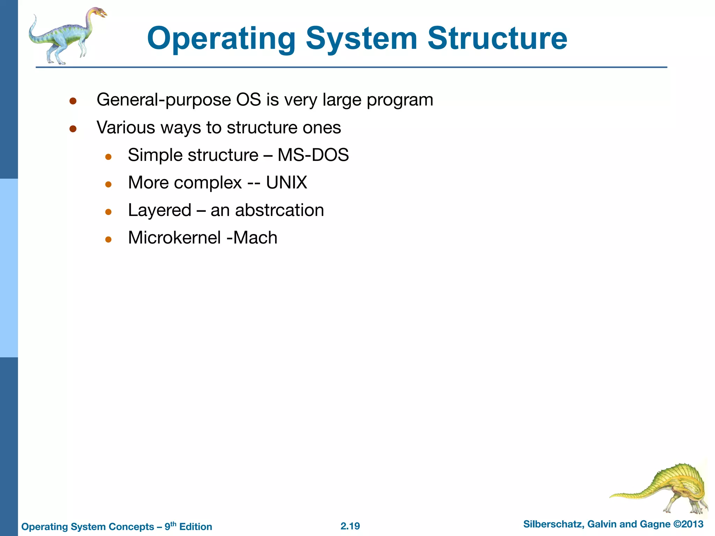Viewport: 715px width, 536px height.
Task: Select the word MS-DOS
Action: coord(313,155)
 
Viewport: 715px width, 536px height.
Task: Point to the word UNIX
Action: coord(287,182)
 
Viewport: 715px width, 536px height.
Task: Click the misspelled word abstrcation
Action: coord(279,210)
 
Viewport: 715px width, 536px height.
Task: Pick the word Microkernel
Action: coord(174,238)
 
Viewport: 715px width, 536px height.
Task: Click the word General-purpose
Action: coord(163,100)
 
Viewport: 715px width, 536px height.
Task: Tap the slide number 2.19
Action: coord(350,526)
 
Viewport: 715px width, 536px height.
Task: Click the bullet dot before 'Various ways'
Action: coord(73,129)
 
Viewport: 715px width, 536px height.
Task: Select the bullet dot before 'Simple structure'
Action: coord(108,157)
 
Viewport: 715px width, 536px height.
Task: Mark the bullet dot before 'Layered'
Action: coord(108,212)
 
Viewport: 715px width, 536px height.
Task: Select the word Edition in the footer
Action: coord(196,527)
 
